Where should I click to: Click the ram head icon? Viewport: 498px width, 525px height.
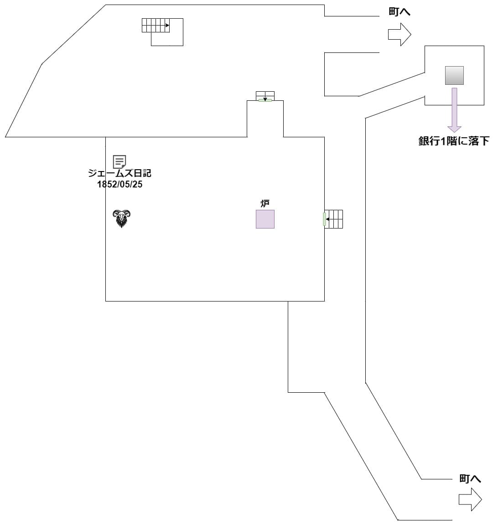[122, 218]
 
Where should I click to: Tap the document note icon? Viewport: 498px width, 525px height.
[119, 161]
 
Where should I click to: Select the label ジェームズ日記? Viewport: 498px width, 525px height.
[119, 174]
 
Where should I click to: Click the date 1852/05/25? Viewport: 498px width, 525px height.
[119, 185]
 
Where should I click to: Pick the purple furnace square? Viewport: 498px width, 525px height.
[265, 219]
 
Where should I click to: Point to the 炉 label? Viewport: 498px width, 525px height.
[265, 203]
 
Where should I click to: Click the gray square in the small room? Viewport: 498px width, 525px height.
[454, 75]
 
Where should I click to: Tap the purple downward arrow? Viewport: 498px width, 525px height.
[454, 109]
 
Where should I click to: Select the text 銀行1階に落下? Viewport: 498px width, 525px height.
[454, 141]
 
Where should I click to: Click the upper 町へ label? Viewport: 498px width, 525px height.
[399, 12]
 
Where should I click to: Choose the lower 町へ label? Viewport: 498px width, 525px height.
[470, 478]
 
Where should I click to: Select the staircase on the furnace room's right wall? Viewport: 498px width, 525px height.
[334, 219]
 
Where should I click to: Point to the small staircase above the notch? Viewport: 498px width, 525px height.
[265, 96]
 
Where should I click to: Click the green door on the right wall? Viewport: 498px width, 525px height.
[324, 219]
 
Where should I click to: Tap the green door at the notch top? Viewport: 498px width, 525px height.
[265, 100]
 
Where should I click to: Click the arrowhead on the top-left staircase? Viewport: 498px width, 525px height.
[167, 26]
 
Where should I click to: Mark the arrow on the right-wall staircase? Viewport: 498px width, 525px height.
[328, 219]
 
